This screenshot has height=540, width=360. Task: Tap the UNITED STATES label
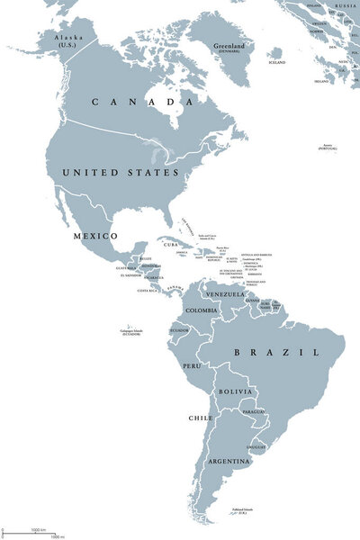[119, 171]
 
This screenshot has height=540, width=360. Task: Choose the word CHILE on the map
[200, 418]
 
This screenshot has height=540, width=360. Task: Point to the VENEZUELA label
[225, 293]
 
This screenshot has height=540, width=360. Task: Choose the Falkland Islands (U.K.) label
[242, 509]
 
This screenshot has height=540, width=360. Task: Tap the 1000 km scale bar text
[38, 528]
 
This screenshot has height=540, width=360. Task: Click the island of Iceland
[277, 56]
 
